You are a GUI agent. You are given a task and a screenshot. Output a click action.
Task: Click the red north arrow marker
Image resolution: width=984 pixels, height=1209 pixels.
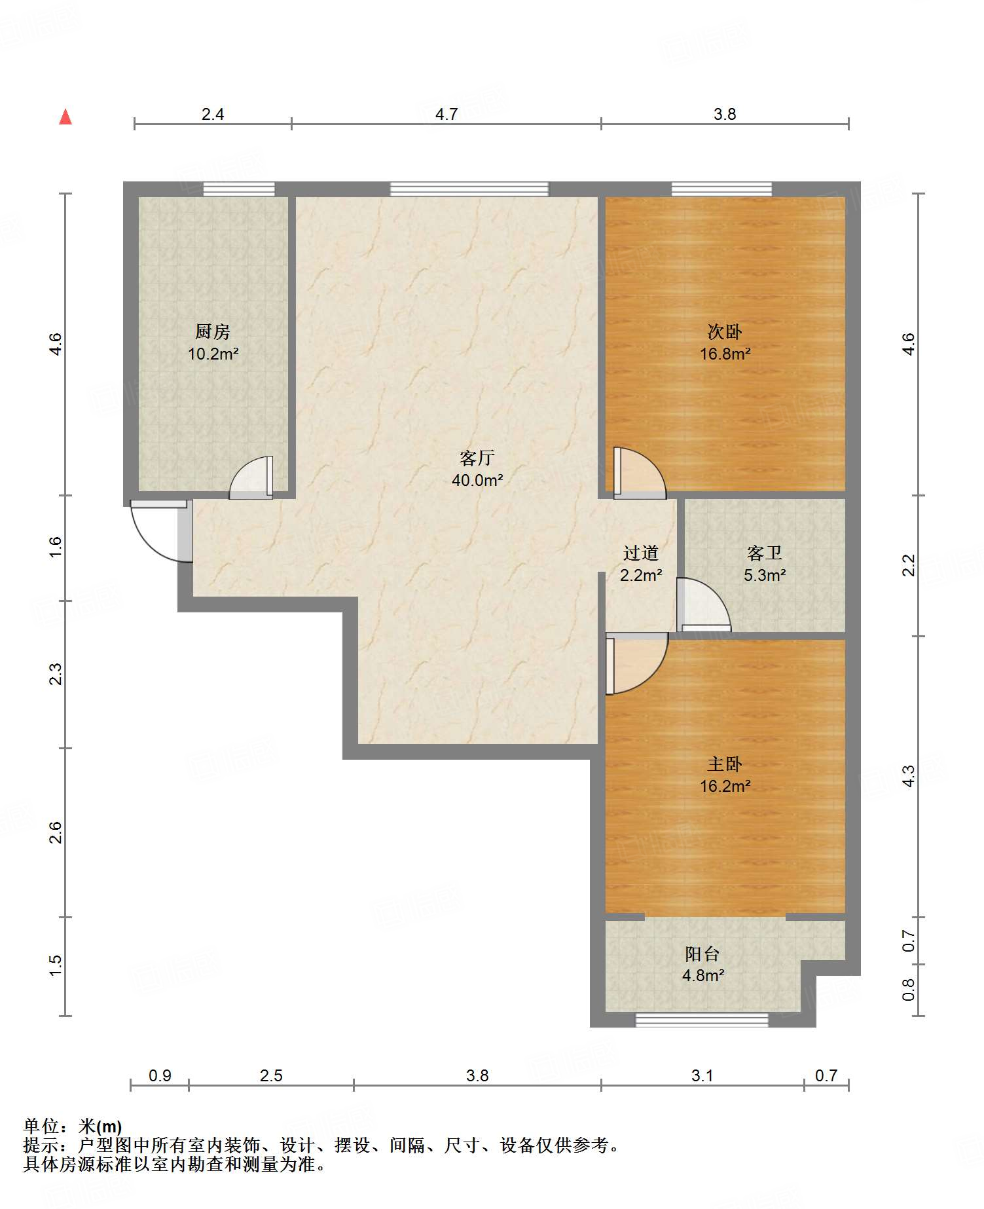coord(65,117)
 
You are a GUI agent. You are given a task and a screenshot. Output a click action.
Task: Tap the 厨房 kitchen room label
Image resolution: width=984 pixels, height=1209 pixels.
coord(213,331)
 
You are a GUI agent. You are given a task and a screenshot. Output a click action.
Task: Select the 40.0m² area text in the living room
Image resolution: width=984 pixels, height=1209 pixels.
coord(477,480)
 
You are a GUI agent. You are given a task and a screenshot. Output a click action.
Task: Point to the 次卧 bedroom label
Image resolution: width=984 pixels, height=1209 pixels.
coord(725,331)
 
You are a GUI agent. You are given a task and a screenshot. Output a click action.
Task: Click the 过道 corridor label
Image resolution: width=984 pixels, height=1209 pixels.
coord(641,553)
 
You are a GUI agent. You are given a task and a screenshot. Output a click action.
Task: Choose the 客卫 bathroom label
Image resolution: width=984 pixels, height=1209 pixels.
coord(765,553)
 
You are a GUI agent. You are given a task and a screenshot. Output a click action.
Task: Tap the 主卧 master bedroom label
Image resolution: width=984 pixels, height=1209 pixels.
coord(725,764)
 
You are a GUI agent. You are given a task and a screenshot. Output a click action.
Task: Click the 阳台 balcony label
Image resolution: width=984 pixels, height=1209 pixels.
coord(702,954)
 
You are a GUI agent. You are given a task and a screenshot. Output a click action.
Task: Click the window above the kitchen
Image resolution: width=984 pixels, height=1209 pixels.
coord(238,189)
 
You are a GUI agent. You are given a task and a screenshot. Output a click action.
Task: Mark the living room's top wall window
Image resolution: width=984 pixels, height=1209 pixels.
coord(469,189)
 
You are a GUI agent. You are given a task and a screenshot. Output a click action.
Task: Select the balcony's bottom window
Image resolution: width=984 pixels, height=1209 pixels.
coord(702,1020)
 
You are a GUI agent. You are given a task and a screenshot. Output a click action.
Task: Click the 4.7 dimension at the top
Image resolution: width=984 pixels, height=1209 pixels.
coord(446,115)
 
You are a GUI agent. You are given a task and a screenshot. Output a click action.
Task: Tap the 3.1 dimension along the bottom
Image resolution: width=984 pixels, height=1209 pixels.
coord(702,1075)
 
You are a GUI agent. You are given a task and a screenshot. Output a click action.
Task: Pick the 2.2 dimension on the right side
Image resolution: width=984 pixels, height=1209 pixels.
coord(909,565)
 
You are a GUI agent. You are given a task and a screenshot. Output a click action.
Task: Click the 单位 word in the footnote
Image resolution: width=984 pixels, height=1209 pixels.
coord(41,1126)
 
